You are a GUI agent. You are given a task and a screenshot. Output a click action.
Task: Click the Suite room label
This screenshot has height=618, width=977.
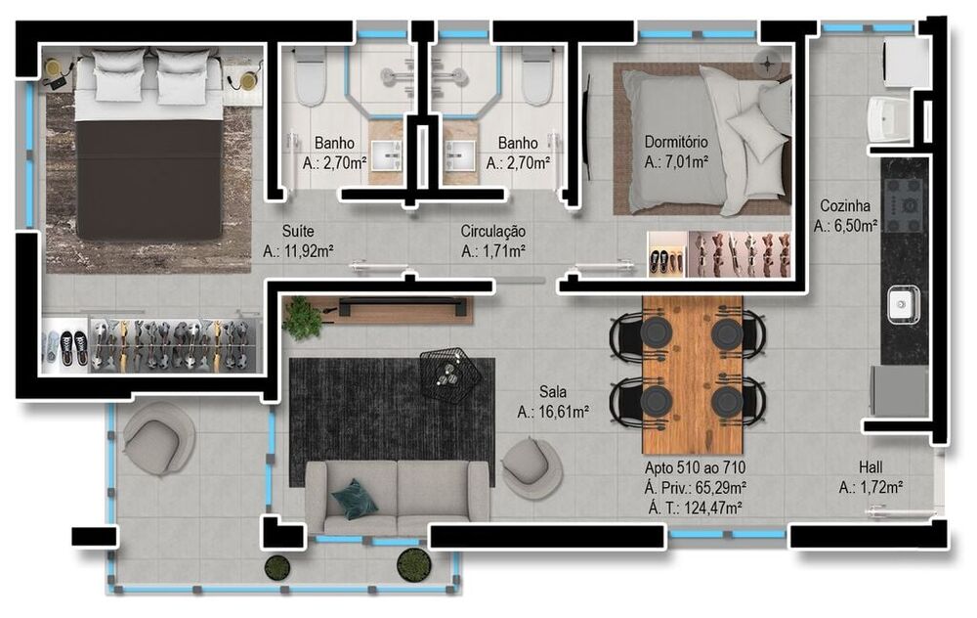click(x=298, y=232)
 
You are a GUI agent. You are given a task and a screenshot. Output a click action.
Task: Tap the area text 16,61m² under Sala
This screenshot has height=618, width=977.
click(x=552, y=412)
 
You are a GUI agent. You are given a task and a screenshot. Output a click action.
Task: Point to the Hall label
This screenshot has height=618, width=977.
click(x=871, y=466)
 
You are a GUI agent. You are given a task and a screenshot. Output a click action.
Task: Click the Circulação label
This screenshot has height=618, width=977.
click(x=493, y=232)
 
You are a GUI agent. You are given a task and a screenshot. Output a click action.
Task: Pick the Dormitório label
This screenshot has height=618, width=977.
click(x=676, y=140)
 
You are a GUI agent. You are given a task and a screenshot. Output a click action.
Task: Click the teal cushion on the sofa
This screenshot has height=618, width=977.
click(x=354, y=499)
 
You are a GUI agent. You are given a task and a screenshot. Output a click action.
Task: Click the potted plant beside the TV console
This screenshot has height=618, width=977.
click(x=303, y=317)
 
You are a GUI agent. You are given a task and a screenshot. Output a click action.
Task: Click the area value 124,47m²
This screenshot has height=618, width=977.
click(x=694, y=507)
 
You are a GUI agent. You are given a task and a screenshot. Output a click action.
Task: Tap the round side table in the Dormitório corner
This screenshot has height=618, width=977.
click(x=768, y=65)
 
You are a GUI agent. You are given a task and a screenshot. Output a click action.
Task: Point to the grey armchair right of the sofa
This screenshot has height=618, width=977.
click(x=531, y=466)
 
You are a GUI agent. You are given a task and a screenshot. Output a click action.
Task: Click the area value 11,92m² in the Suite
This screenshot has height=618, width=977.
click(x=298, y=251)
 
